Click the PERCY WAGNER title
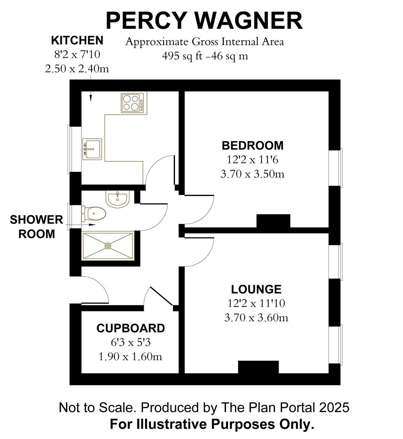[204, 20]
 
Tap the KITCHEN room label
[77, 41]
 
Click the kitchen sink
[92, 149]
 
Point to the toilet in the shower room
[94, 213]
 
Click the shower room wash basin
[118, 199]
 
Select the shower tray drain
[108, 246]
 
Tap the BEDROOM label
[252, 145]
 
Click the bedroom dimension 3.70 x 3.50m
[252, 174]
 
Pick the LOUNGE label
[256, 289]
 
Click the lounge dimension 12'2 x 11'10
[256, 303]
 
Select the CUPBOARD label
[131, 328]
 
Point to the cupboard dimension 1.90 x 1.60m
[131, 357]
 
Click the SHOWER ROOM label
[37, 227]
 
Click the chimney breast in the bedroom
[273, 221]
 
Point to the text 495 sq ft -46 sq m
[205, 56]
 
